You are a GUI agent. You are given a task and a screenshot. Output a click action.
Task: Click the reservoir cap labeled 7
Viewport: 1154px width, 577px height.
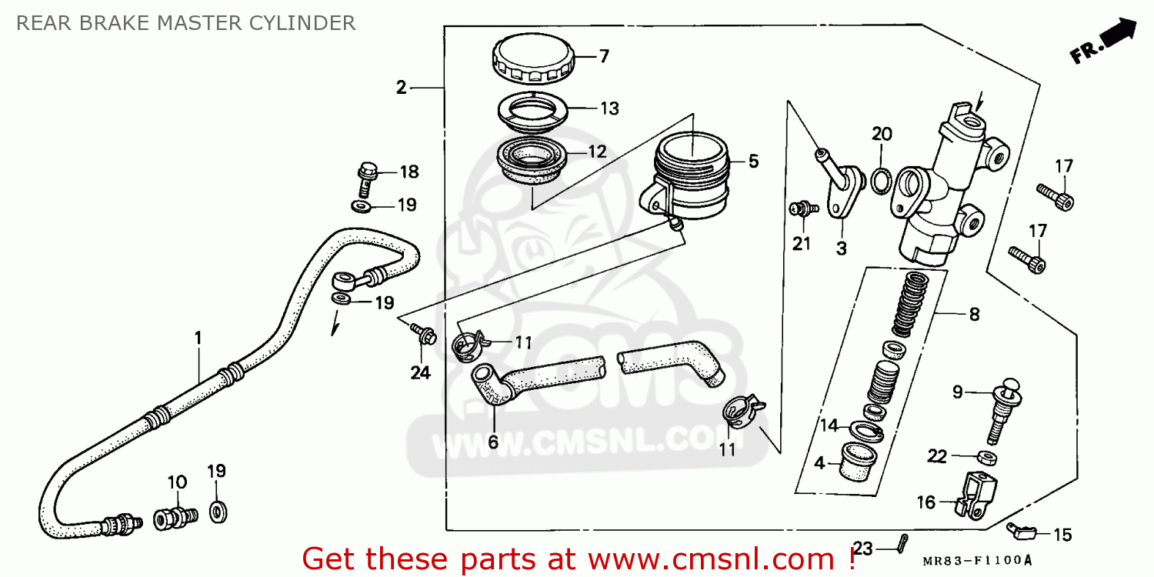(531, 59)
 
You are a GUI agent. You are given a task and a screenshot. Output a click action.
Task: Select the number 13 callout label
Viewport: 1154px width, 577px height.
(609, 108)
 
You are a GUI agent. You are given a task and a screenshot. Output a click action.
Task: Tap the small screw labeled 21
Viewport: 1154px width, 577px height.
(801, 208)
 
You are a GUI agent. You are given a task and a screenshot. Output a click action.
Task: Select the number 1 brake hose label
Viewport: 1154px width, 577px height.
(198, 337)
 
